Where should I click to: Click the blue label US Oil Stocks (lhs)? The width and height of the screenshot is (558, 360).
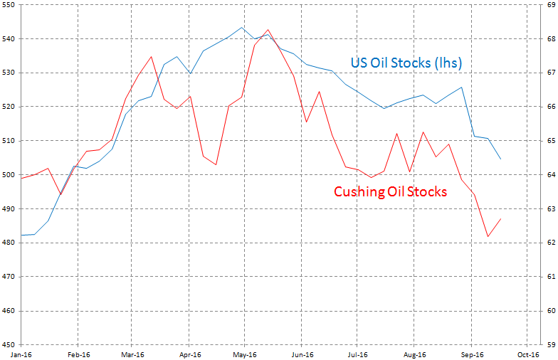[x=406, y=63]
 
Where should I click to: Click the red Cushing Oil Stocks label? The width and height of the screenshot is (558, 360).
[x=390, y=191]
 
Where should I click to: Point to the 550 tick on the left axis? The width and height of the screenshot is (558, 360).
[x=9, y=5]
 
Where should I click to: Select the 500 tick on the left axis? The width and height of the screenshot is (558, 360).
[x=9, y=175]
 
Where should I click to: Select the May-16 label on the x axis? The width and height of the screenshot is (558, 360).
[x=244, y=354]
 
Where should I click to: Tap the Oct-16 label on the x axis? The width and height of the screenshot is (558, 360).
[x=526, y=354]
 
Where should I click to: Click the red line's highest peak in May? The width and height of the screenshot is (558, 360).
[x=268, y=30]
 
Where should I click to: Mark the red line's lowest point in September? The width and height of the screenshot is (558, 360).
[x=488, y=237]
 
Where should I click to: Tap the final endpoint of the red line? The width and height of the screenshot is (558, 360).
[x=501, y=218]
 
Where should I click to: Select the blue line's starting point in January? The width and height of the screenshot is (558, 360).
[x=21, y=235]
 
